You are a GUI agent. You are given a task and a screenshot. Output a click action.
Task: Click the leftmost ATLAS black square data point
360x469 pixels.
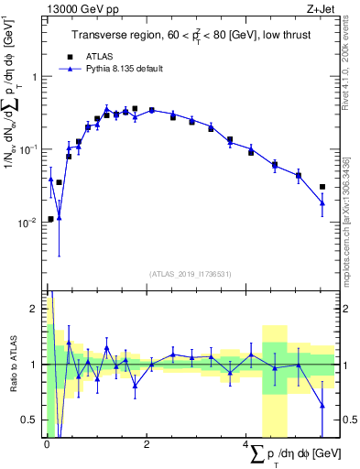[49, 219]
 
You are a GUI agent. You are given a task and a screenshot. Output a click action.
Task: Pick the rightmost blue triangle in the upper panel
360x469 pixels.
[322, 203]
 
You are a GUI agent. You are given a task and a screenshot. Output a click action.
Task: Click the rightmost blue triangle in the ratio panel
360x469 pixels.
[322, 405]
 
